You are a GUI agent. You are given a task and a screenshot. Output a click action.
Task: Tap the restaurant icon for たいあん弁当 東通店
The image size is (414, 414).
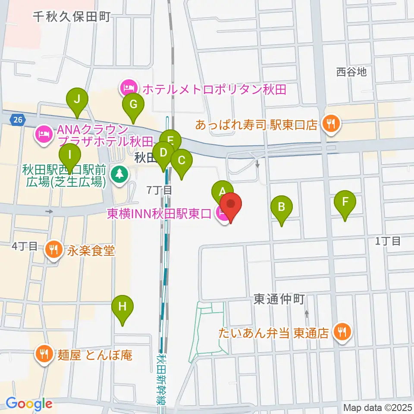pyautogui.click(x=342, y=332)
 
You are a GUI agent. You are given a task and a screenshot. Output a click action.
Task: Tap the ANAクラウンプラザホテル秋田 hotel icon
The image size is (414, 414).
pyautogui.click(x=44, y=135)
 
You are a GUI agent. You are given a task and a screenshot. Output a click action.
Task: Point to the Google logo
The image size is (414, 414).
pyautogui.click(x=29, y=404)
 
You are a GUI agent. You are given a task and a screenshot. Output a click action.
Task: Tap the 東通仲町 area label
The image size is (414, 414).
pyautogui.click(x=279, y=299)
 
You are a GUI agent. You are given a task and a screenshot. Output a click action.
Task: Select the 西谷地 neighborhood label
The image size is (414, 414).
pyautogui.click(x=351, y=72)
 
